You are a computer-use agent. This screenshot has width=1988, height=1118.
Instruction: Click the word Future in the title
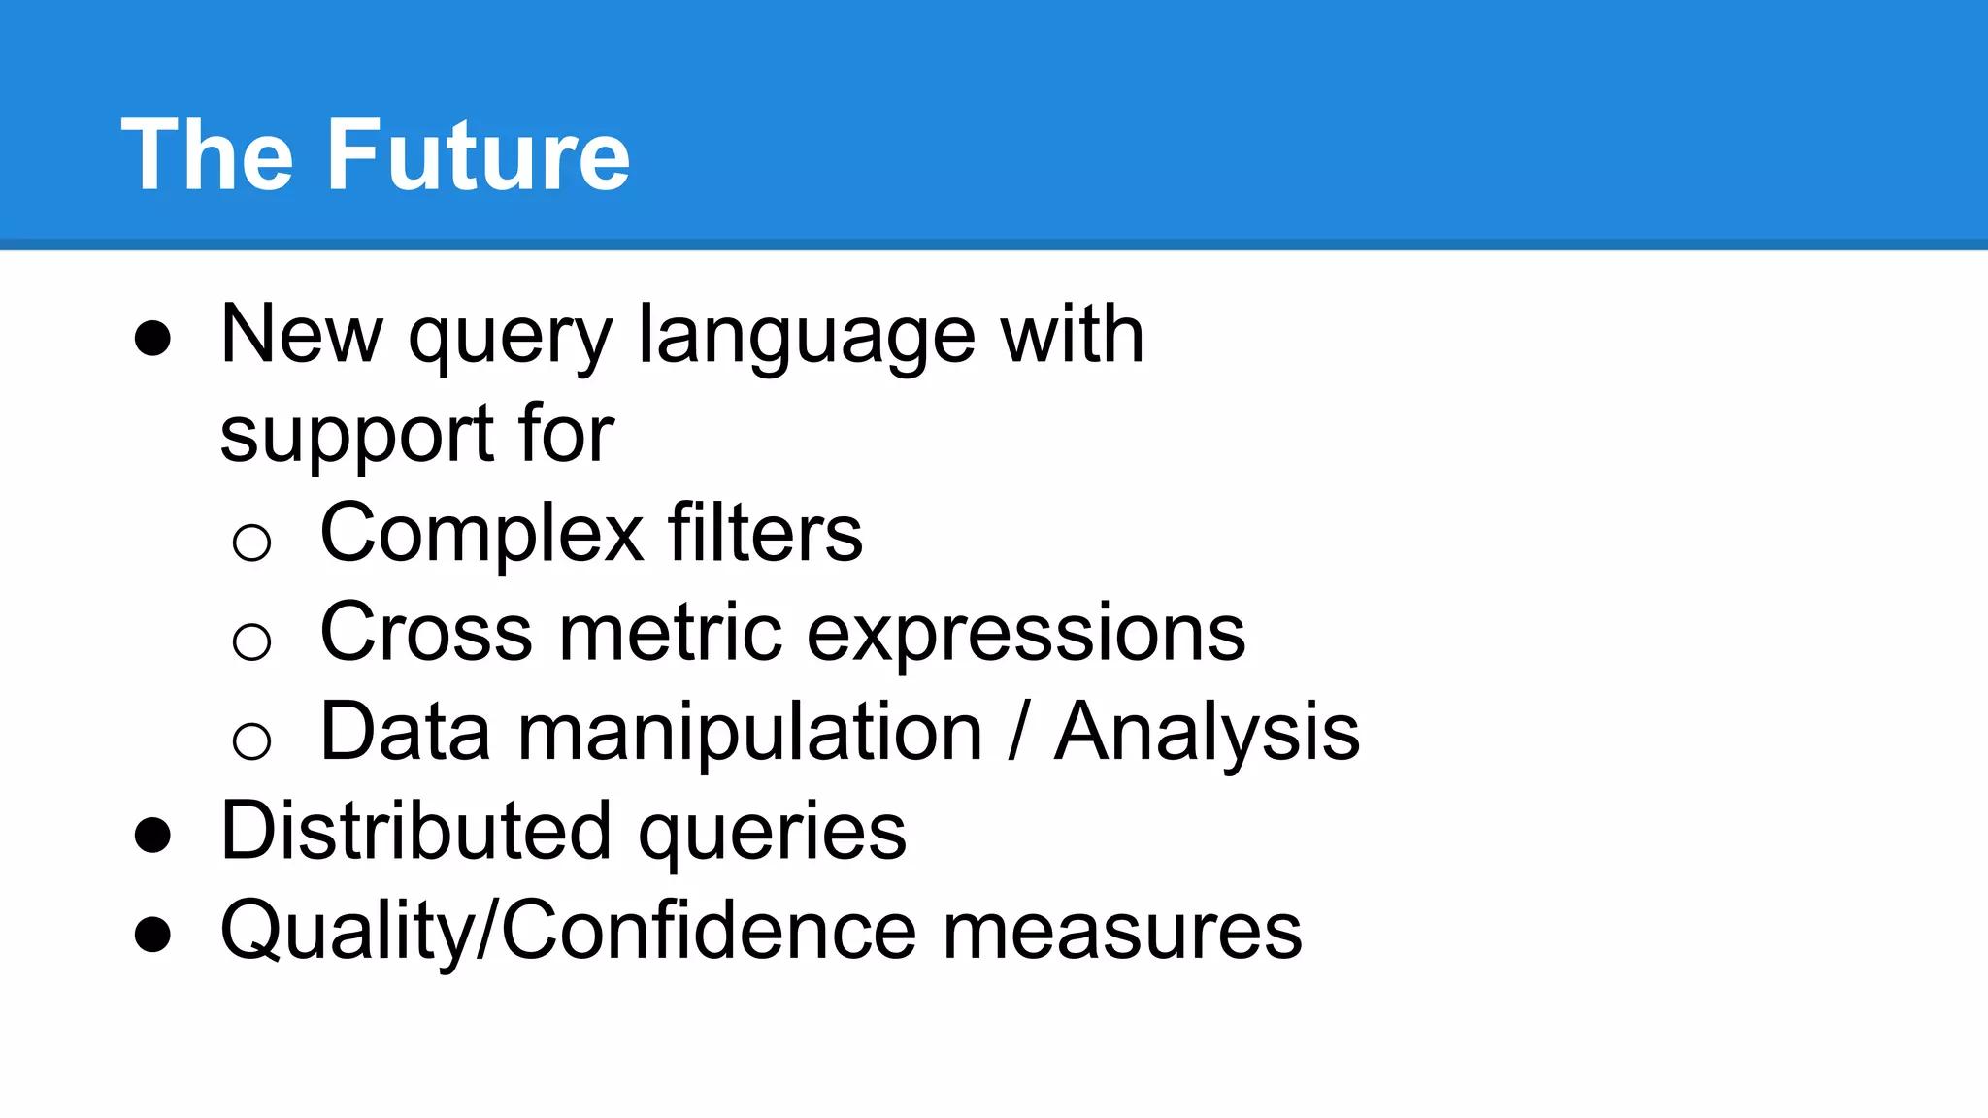pyautogui.click(x=479, y=155)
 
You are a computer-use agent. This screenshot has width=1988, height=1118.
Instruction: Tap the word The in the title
pyautogui.click(x=207, y=155)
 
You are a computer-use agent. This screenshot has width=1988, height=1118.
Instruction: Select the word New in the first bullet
pyautogui.click(x=301, y=335)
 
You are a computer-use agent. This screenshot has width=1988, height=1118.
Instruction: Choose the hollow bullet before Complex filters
pyautogui.click(x=251, y=542)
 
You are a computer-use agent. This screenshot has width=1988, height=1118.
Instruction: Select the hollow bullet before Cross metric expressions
pyautogui.click(x=251, y=641)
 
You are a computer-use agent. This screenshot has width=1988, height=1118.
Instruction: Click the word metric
pyautogui.click(x=670, y=633)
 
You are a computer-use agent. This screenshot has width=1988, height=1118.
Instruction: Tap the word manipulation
pyautogui.click(x=750, y=734)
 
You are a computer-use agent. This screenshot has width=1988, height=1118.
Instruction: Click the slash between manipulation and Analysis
pyautogui.click(x=1018, y=732)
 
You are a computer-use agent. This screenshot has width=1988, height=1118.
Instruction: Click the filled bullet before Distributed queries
pyautogui.click(x=152, y=836)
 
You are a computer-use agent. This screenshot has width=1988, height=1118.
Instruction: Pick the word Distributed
pyautogui.click(x=415, y=832)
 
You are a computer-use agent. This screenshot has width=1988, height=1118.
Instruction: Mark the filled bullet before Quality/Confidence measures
pyautogui.click(x=152, y=935)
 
